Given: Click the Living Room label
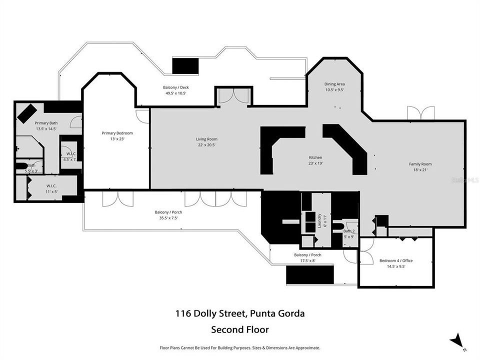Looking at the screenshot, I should coord(206,139).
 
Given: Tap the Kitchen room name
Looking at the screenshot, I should coord(315,157).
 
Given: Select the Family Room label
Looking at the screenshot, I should coord(420,164).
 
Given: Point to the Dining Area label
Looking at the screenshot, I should coord(334,84).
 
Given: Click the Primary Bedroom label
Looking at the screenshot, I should coord(117,133).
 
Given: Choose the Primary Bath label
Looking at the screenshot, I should coord(45,123).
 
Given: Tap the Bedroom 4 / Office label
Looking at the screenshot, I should coord(395,261).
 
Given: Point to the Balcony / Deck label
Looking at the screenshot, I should coord(175,87).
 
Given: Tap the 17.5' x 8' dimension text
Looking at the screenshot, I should coord(307,260).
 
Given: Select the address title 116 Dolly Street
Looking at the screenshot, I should coord(239,314).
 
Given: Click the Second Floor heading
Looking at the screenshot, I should coord(239,329).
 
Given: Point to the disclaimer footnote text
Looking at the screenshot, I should coord(239,347).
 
